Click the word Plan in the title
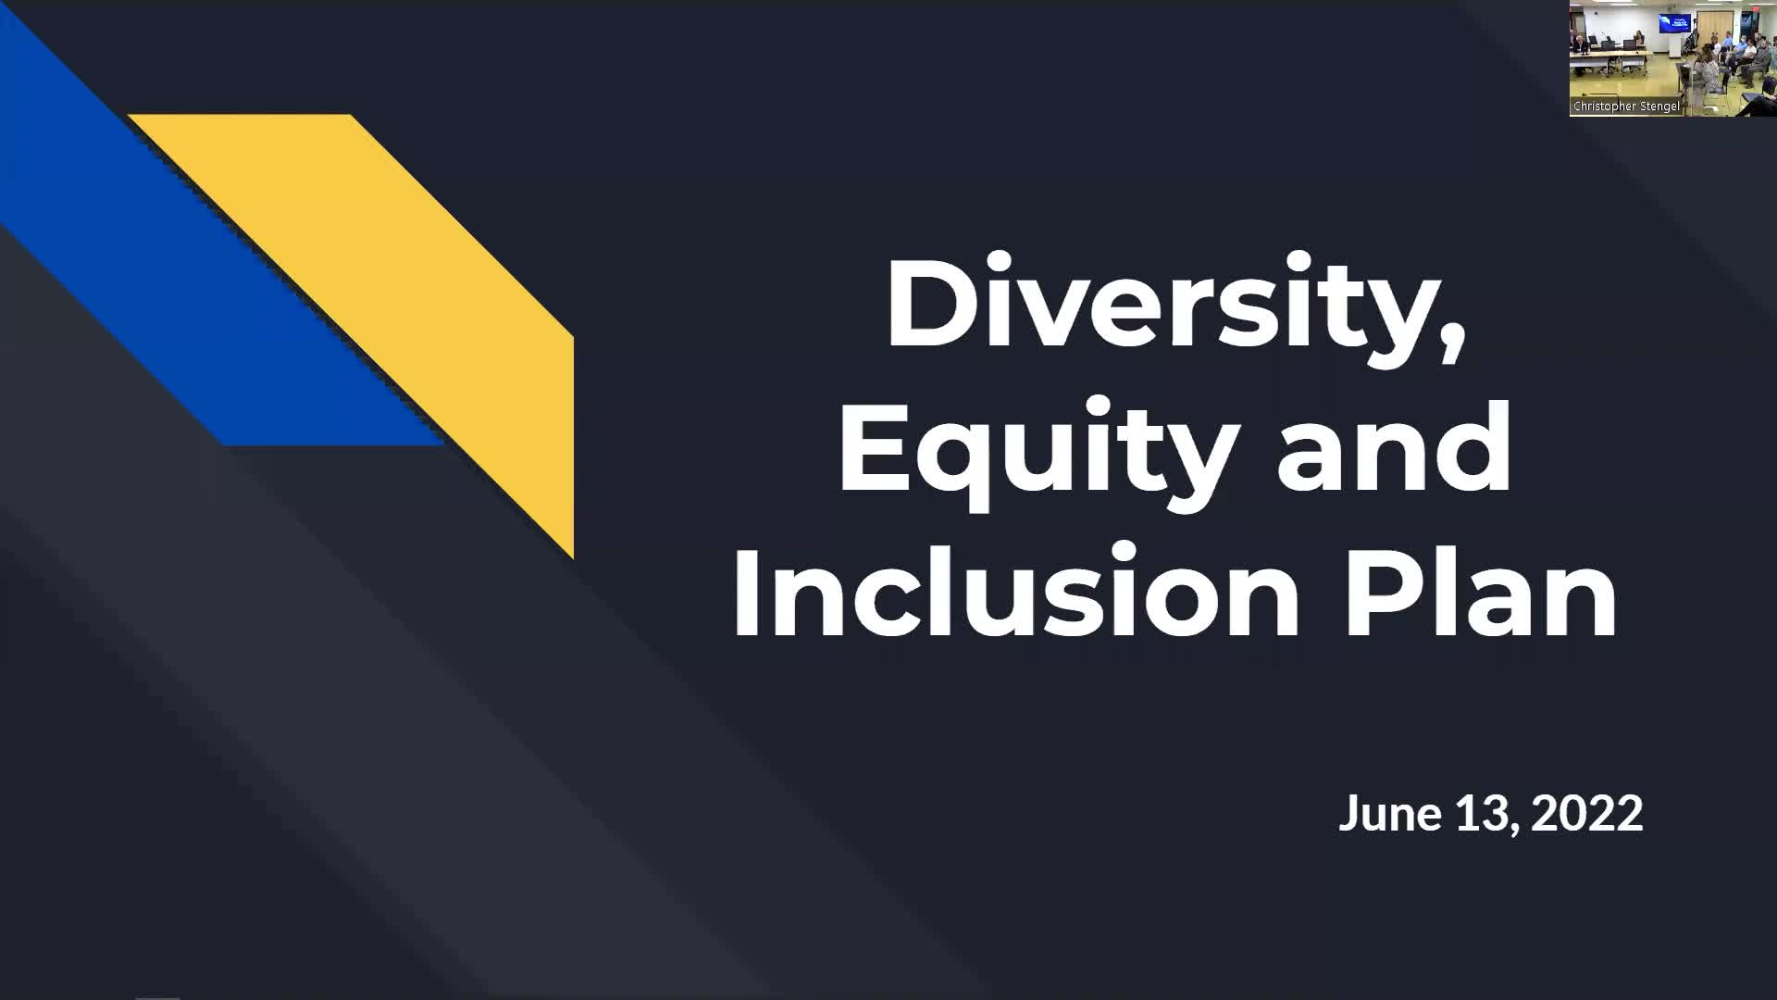(1482, 590)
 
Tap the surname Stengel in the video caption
(1662, 107)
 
